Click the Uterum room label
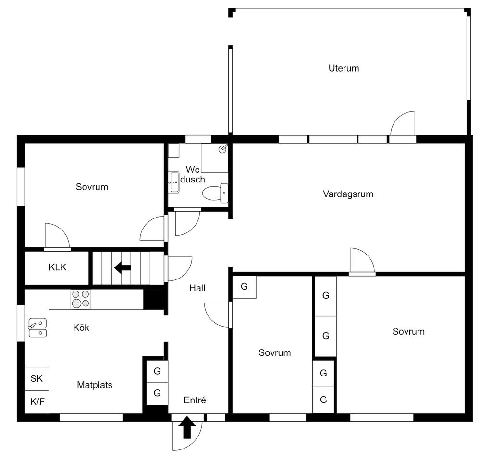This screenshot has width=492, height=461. [344, 68]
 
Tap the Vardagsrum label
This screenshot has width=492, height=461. [348, 194]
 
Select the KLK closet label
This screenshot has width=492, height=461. [58, 267]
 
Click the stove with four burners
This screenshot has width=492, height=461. [81, 299]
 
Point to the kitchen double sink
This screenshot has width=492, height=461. [37, 328]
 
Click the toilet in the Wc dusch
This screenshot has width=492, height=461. [215, 193]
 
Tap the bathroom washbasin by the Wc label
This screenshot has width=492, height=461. [174, 182]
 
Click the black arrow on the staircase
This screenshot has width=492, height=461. [123, 268]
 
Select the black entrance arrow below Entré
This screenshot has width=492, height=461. [187, 427]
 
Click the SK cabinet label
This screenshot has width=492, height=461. [37, 378]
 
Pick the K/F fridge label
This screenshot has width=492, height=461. [37, 401]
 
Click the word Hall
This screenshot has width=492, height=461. [197, 288]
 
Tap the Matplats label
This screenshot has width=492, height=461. [95, 385]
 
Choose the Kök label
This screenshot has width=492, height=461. [81, 328]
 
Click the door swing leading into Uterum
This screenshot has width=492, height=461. [403, 123]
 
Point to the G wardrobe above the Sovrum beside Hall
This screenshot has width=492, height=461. [244, 286]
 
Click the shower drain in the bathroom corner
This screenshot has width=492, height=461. [223, 149]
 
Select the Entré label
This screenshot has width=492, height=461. [195, 400]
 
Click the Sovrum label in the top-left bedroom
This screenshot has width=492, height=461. [92, 187]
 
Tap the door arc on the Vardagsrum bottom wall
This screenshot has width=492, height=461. [362, 260]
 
